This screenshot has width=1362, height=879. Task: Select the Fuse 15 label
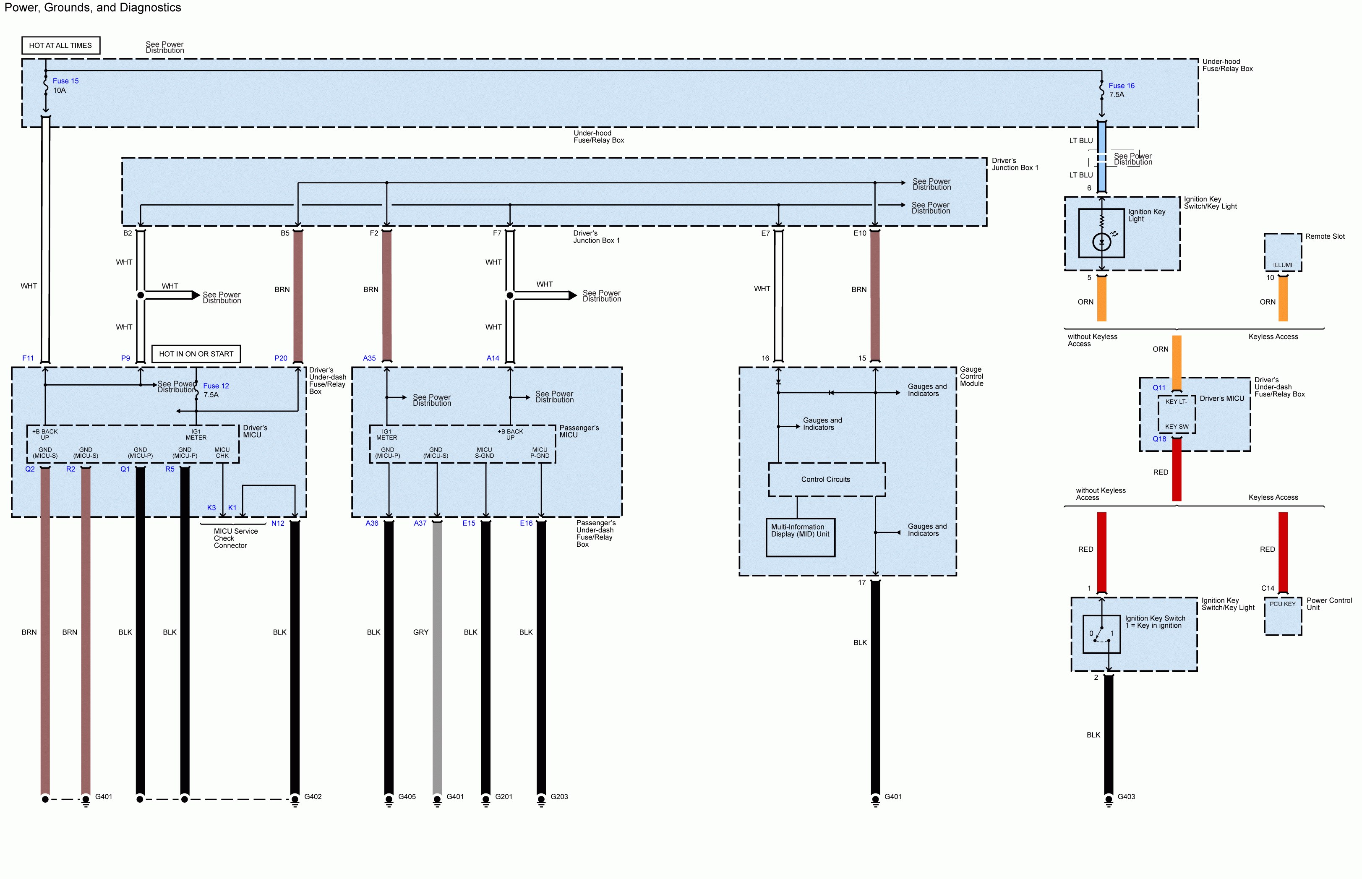(x=65, y=81)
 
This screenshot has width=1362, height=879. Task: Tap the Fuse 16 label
(x=1121, y=86)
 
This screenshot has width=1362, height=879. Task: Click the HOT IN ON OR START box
(x=196, y=354)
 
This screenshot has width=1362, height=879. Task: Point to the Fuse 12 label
(x=216, y=386)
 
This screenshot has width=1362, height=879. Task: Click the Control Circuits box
(x=827, y=480)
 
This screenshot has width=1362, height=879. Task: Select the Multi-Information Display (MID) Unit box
(x=800, y=537)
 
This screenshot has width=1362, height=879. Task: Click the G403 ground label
(x=1126, y=796)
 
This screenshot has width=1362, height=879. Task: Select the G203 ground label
(x=559, y=796)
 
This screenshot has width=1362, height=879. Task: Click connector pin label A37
(x=420, y=523)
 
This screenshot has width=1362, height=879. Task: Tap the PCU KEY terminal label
(x=1282, y=604)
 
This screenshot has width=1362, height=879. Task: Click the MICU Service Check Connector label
(x=236, y=538)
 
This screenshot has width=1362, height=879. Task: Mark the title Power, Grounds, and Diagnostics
(x=93, y=8)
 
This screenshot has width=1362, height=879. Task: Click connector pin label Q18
(x=1159, y=439)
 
